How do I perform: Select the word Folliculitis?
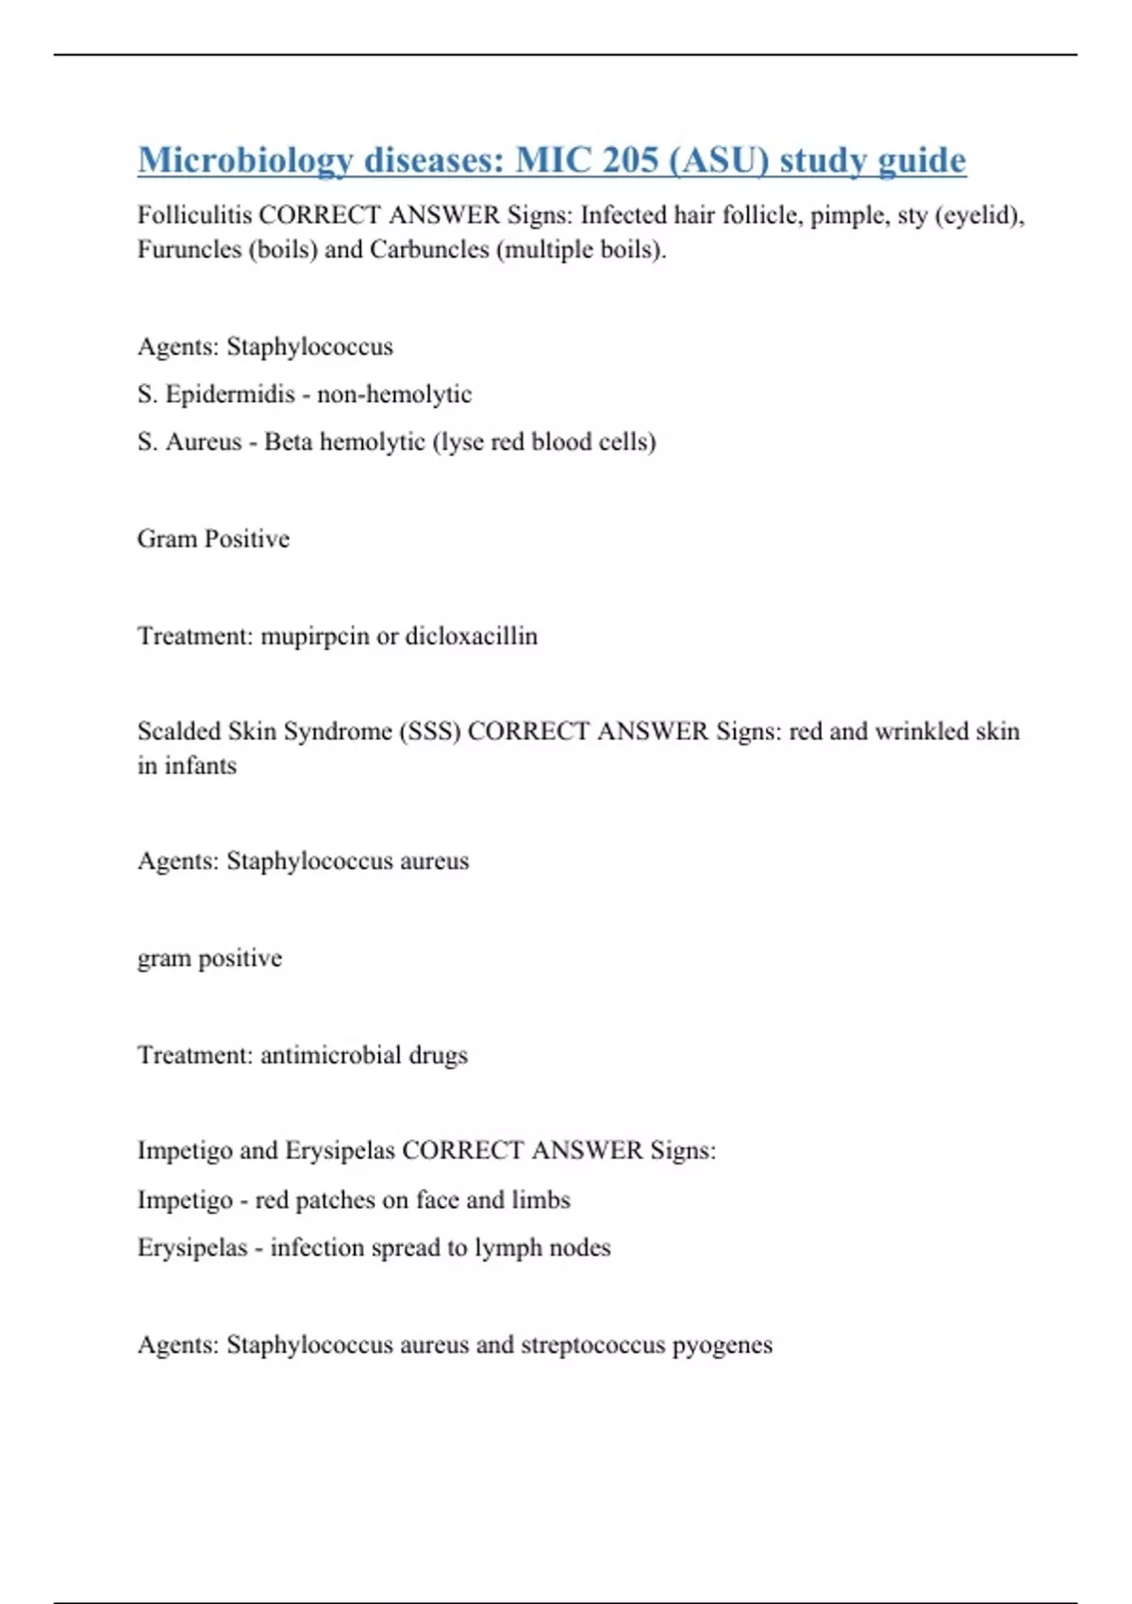pos(194,215)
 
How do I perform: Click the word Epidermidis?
pos(230,394)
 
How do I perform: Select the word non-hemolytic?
pos(394,394)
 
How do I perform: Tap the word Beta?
pos(288,443)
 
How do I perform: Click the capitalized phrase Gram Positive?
pos(213,539)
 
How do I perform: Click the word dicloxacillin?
pos(471,637)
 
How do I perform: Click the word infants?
pos(200,766)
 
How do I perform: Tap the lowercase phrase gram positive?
pos(209,959)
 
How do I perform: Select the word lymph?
pos(508,1248)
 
